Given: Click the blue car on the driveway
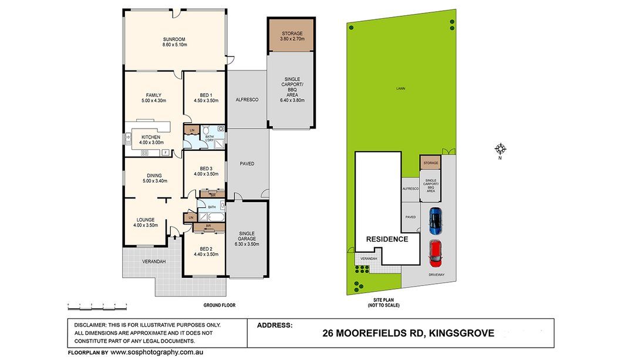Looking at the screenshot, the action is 434,220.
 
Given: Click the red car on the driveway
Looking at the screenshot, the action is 435,252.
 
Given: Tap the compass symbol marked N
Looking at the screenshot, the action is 500,149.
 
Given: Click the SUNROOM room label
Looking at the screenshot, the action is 174,40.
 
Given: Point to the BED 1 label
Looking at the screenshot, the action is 205,95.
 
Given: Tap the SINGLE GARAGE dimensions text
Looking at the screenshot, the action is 247,244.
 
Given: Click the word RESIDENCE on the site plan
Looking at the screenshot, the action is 387,239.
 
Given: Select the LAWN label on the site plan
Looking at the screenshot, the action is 400,89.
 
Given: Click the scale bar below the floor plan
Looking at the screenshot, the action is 97,305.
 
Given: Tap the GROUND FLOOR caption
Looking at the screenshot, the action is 219,305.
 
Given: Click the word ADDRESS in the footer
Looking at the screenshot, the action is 275,325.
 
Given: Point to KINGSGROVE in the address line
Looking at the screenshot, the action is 461,334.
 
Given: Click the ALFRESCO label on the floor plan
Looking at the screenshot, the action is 247,100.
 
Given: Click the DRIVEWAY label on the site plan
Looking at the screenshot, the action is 436,274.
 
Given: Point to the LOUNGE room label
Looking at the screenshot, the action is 144,220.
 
